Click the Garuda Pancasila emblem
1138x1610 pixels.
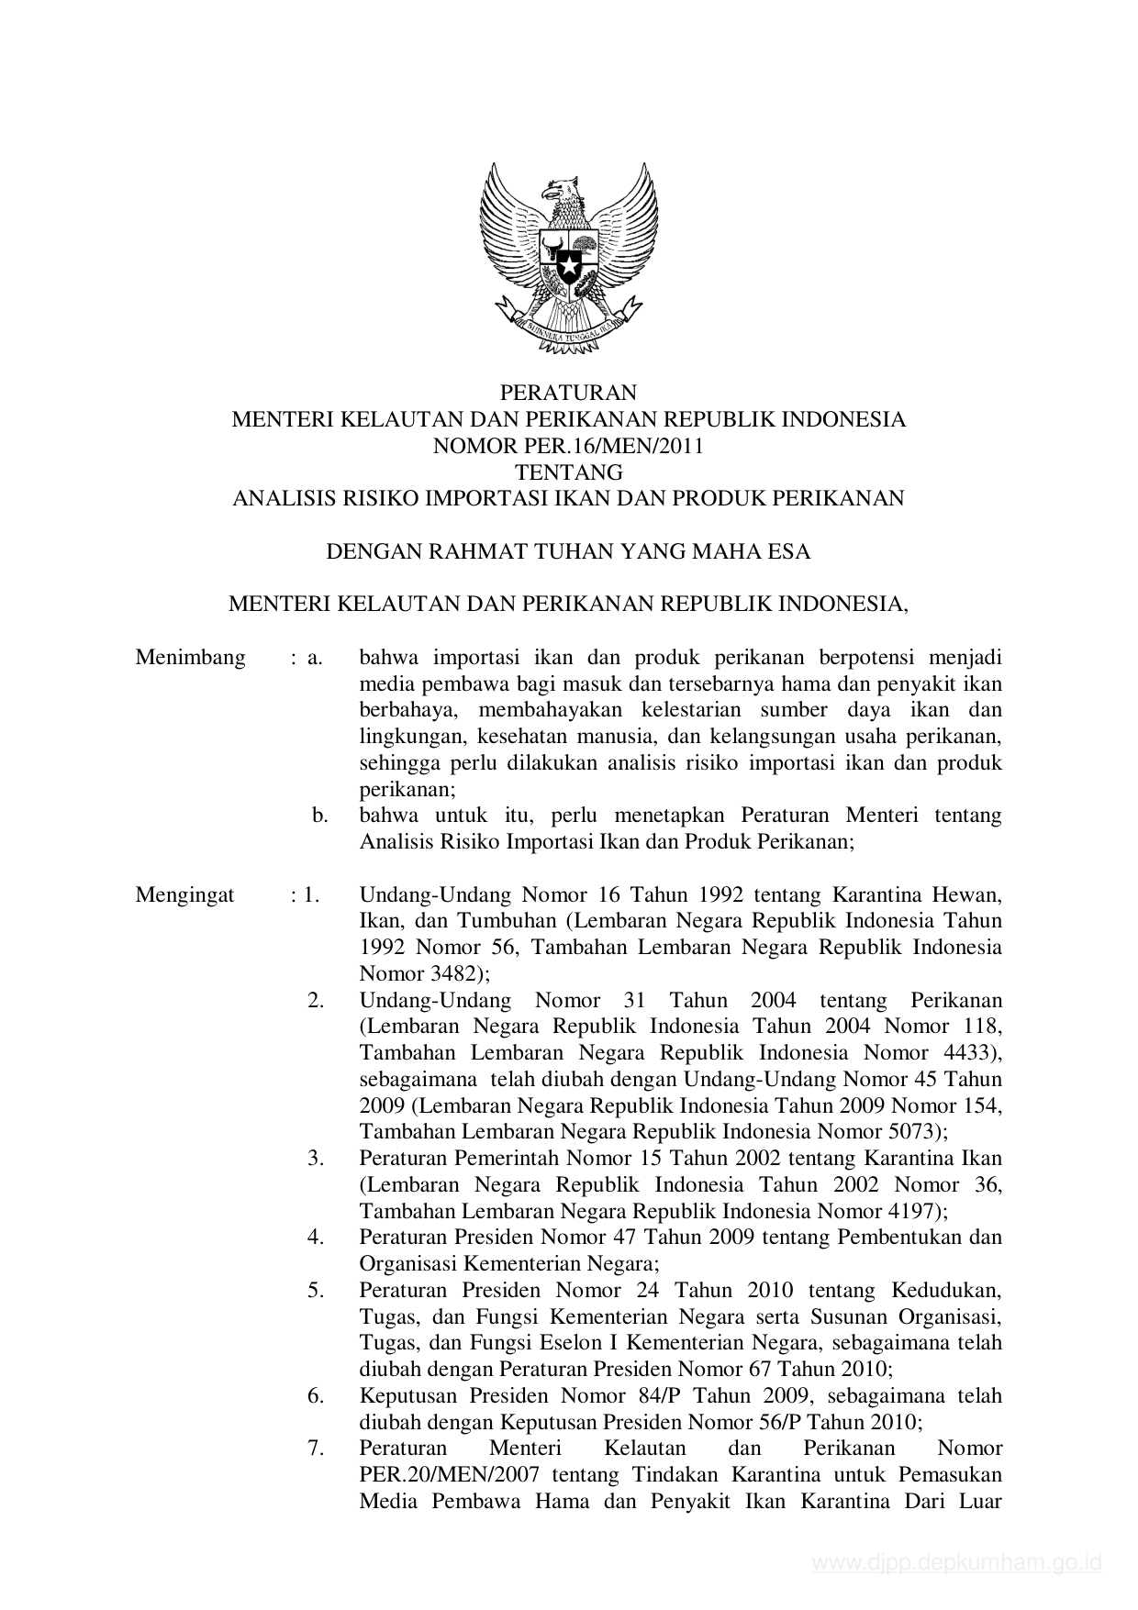pos(568,257)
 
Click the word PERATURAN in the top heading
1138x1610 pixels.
pos(568,393)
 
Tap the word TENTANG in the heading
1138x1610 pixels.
pos(568,472)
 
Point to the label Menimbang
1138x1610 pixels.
pos(190,657)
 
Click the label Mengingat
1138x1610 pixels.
pos(184,894)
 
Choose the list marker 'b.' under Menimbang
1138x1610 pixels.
pos(319,815)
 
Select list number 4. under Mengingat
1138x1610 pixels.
pos(316,1237)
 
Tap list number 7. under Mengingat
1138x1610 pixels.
pos(316,1448)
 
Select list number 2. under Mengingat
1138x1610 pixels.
pos(316,1000)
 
